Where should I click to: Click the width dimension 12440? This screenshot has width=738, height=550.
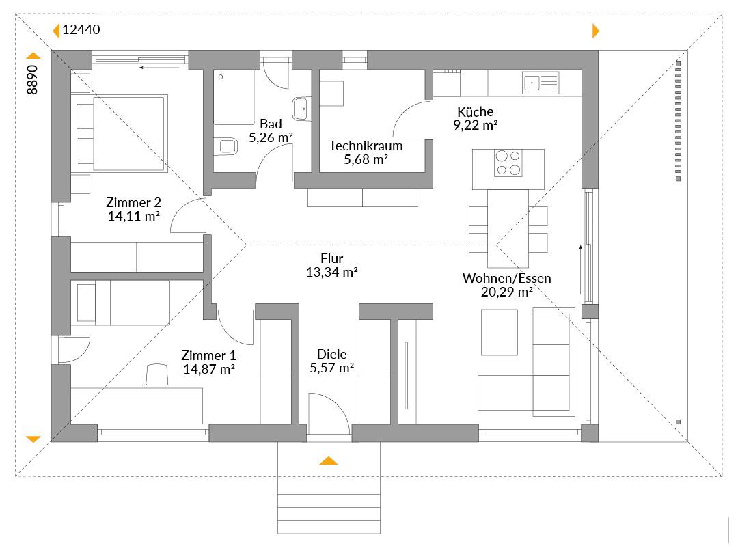[81, 29]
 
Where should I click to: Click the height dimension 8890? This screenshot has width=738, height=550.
[32, 79]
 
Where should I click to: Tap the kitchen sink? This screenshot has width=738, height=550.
[541, 83]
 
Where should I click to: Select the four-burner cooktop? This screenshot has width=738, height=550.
[508, 163]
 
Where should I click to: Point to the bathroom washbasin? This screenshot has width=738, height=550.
[301, 109]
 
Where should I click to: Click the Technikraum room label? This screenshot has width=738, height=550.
[366, 146]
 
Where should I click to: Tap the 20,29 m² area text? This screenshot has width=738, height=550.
[506, 292]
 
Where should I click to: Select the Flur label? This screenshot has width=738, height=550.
[332, 258]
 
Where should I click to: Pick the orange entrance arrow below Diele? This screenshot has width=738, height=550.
[329, 460]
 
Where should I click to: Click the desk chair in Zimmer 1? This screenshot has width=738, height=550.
[157, 374]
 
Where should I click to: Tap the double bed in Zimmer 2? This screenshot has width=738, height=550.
[122, 134]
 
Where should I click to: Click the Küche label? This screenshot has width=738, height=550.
[476, 112]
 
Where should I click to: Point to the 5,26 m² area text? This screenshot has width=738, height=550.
[271, 138]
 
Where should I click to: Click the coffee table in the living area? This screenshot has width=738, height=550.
[500, 332]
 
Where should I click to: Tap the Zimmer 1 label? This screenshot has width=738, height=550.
[208, 356]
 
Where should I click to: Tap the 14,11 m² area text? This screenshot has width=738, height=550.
[134, 217]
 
